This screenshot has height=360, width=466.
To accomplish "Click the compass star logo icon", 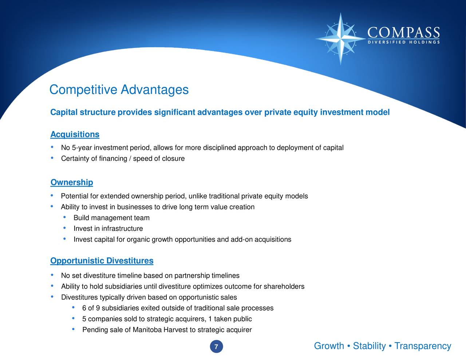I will click(340, 38).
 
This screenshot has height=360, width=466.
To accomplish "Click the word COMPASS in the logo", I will click(403, 33).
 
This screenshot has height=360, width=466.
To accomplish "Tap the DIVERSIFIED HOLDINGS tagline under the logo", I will click(403, 42).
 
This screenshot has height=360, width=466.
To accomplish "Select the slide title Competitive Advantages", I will click(119, 90).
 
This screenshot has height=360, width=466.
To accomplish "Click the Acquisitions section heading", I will click(75, 134).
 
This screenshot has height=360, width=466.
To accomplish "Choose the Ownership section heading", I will click(72, 182).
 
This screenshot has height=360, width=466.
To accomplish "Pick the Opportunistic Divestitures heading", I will click(102, 261).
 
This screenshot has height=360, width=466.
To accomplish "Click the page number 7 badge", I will click(216, 347).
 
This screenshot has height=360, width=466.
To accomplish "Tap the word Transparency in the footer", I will click(423, 346).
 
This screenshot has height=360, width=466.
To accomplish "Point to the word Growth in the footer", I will click(329, 346).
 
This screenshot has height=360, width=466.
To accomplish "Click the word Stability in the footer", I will click(369, 346).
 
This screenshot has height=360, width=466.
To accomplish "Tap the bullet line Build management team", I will click(111, 218).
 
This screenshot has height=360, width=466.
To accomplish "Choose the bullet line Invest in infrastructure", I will click(108, 229).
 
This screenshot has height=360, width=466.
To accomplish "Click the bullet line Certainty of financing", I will click(123, 159).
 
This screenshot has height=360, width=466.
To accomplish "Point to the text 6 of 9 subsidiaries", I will click(111, 308).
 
